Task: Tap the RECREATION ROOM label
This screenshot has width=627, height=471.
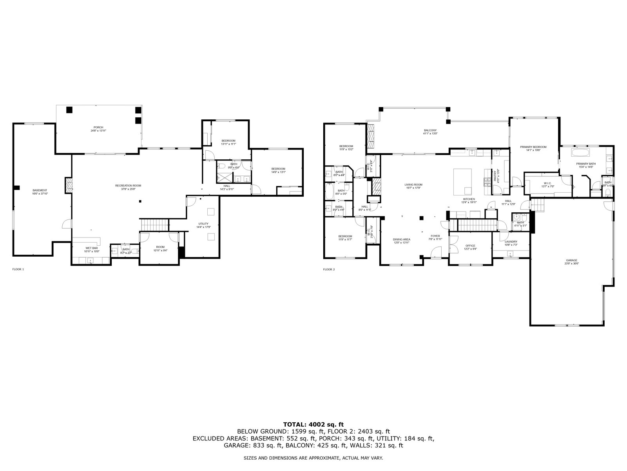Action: click(x=128, y=186)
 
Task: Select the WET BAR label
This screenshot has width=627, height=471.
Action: click(x=92, y=248)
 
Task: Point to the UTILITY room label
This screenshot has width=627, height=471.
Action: click(x=203, y=224)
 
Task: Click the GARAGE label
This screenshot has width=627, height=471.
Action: click(x=571, y=260)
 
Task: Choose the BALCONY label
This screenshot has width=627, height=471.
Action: click(x=430, y=130)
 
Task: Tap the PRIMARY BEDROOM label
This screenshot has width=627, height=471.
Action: click(x=533, y=147)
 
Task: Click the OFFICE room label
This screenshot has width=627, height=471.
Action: click(x=470, y=246)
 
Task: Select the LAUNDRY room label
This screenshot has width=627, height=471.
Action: click(x=511, y=242)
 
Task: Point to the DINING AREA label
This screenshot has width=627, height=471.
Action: click(x=402, y=239)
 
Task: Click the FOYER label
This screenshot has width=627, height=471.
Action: click(x=434, y=236)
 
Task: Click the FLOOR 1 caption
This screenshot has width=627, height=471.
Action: click(x=18, y=269)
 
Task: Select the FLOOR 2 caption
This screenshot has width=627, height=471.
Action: click(x=329, y=269)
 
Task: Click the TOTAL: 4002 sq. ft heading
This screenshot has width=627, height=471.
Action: click(x=313, y=424)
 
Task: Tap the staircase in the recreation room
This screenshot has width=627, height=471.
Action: click(x=154, y=225)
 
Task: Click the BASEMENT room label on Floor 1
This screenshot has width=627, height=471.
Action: click(x=40, y=190)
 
